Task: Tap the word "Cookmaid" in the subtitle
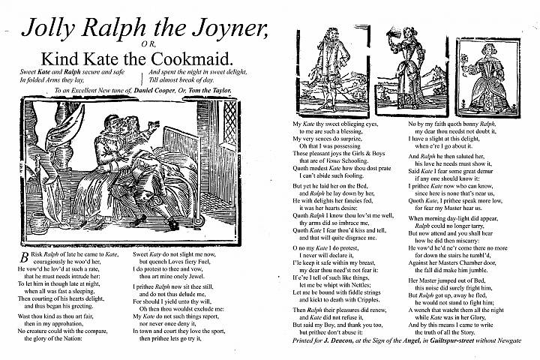tap(202, 58)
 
